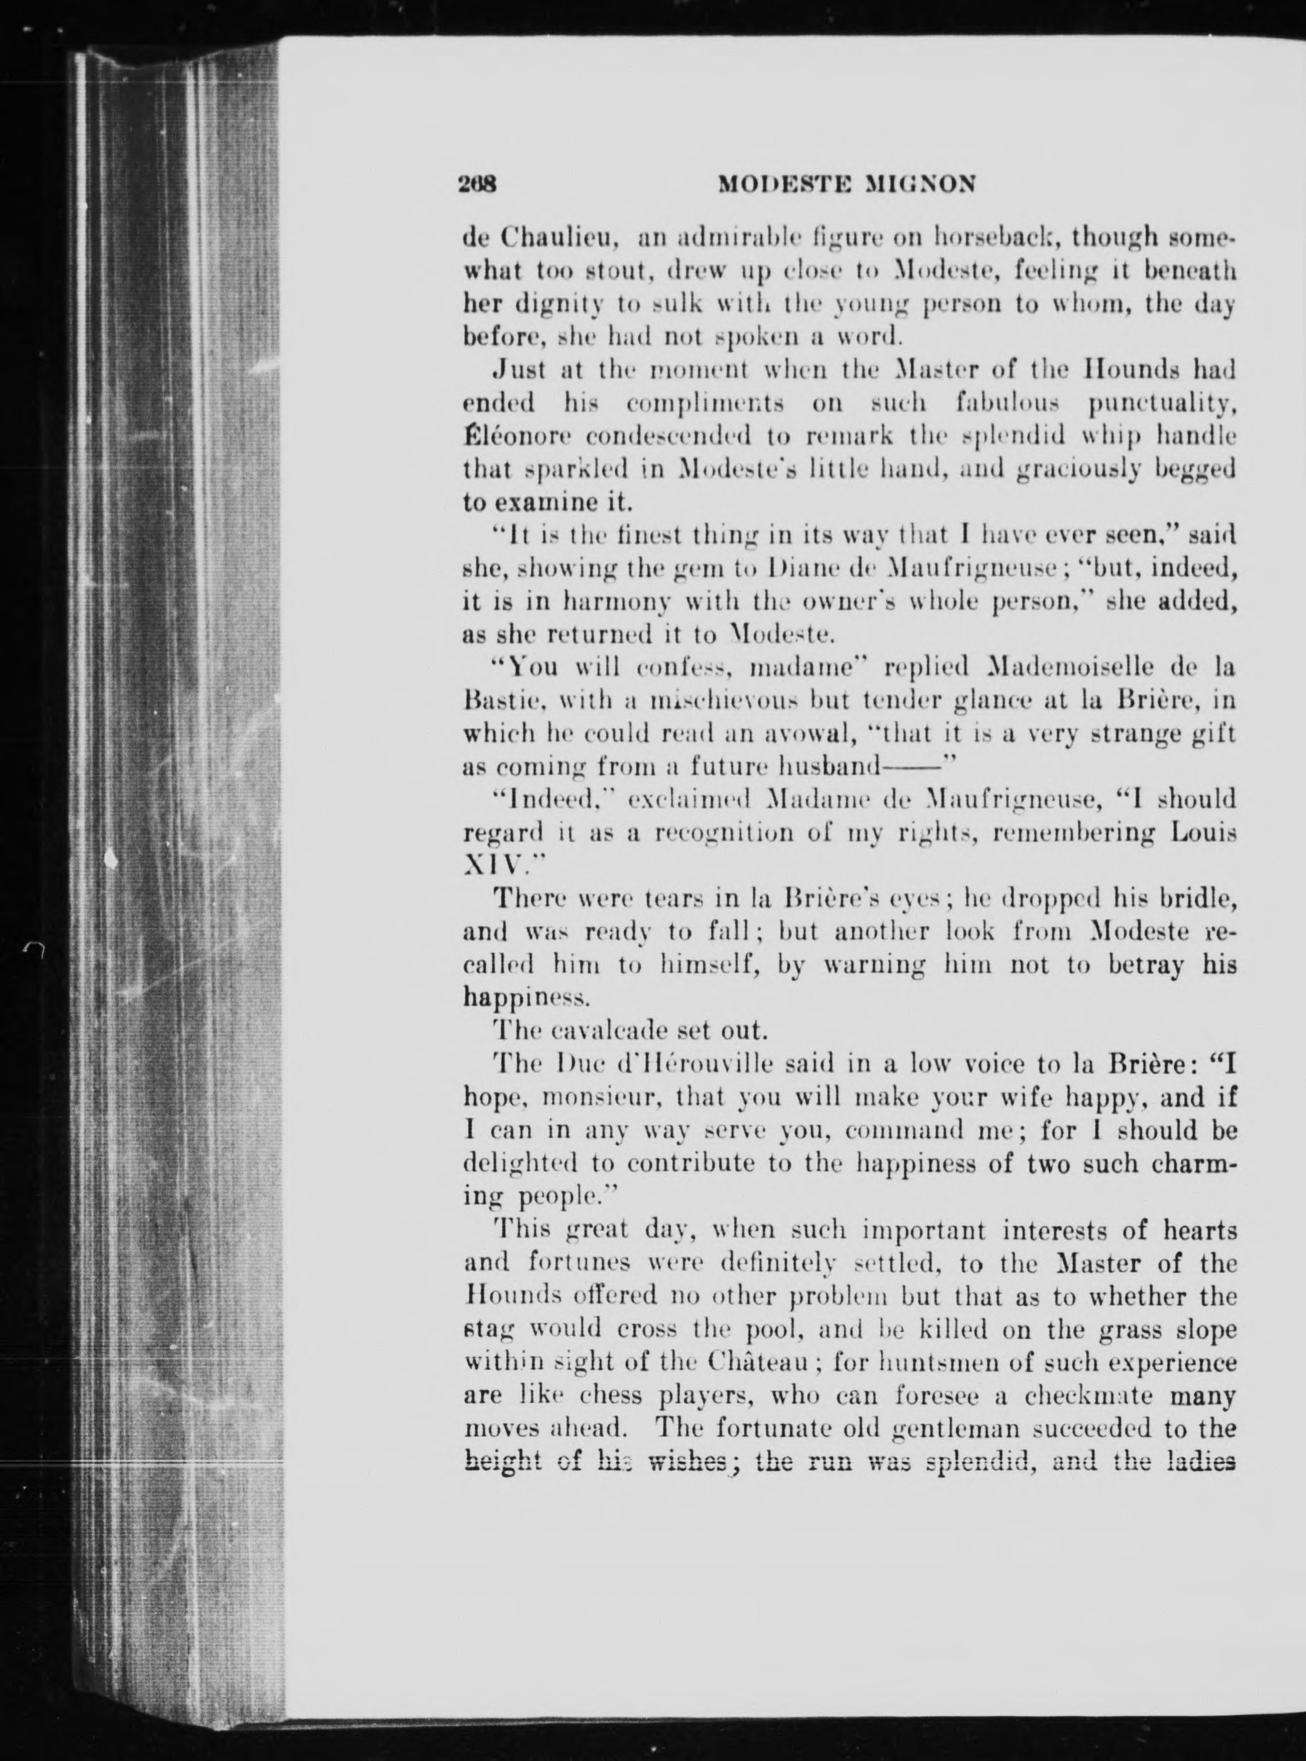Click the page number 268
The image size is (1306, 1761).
[477, 184]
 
